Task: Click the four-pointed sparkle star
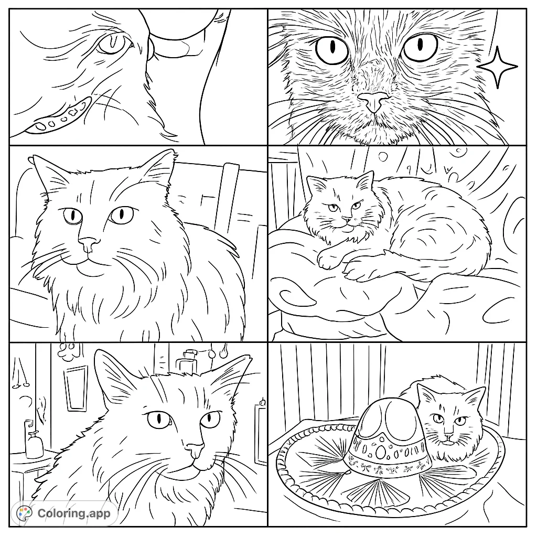tap(497, 67)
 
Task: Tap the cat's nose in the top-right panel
tap(373, 101)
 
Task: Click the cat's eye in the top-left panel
tap(113, 44)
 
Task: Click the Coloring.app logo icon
tap(25, 512)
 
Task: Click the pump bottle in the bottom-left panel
tap(35, 445)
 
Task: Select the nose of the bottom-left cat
tap(195, 449)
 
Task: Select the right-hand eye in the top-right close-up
tap(421, 47)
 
